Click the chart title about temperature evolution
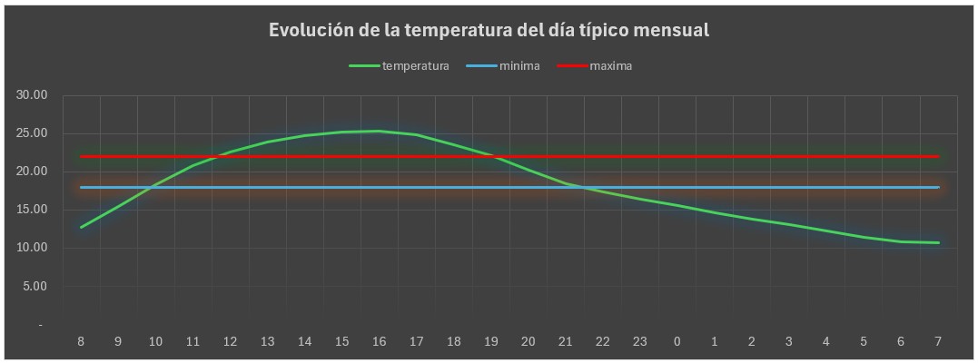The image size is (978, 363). click(489, 30)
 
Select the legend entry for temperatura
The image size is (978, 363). click(415, 66)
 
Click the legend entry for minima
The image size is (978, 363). click(519, 66)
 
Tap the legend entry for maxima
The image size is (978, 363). click(610, 66)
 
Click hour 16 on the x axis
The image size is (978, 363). click(379, 342)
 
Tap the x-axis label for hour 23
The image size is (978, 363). click(639, 342)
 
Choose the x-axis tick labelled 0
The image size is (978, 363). click(677, 342)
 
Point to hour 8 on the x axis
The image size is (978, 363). click(81, 342)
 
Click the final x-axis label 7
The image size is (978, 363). click(937, 342)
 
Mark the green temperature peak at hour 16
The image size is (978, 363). click(379, 131)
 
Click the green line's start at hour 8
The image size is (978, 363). click(81, 227)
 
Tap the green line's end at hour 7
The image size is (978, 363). click(937, 242)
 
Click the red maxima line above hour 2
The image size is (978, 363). click(751, 157)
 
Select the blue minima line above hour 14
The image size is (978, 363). click(304, 187)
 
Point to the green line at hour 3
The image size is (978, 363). click(788, 224)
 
